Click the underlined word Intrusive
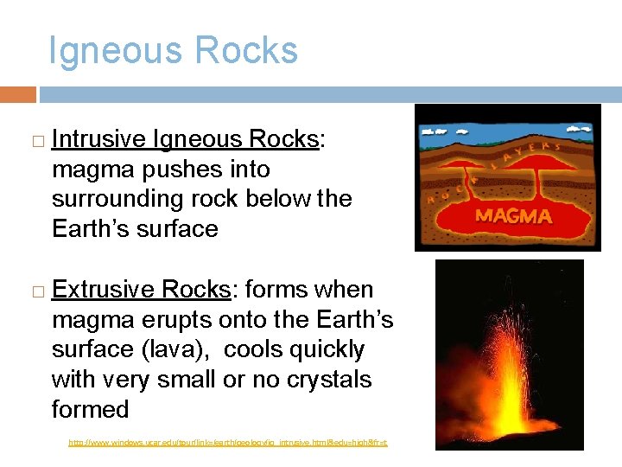(98, 139)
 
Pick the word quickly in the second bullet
(327, 350)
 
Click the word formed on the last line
(90, 409)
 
